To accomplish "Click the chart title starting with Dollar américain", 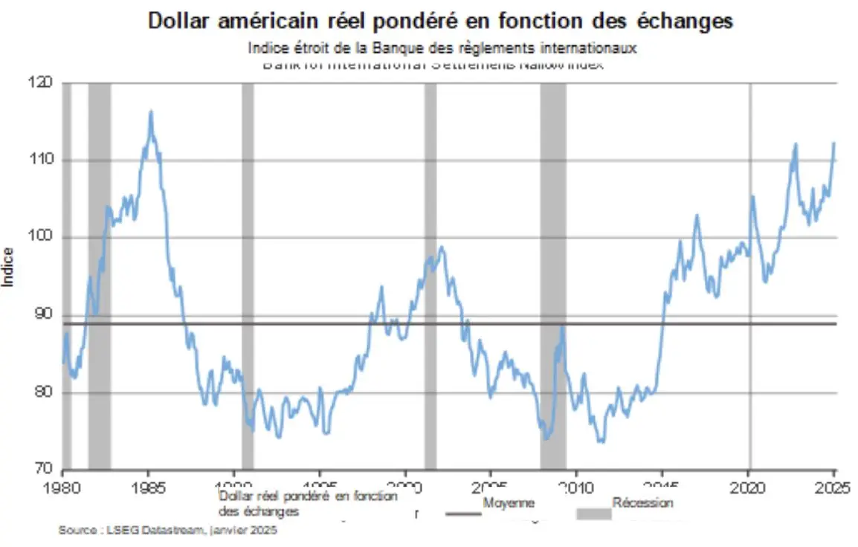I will [x=440, y=21].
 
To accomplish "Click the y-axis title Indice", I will [x=9, y=266].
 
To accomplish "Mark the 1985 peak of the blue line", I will [x=151, y=112].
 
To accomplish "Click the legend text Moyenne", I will [x=509, y=503].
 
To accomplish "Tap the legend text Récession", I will [x=643, y=503].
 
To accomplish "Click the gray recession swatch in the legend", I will [x=594, y=514].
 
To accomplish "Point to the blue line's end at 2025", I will [x=834, y=143].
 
